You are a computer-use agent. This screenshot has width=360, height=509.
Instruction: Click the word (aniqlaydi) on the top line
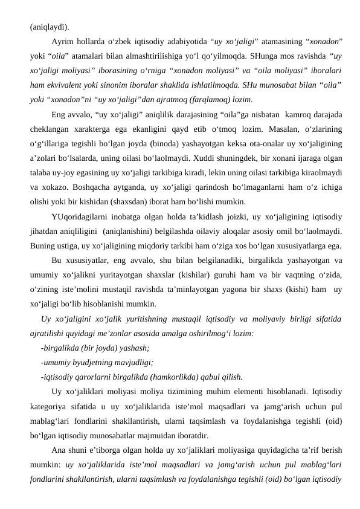pyautogui.click(x=49, y=27)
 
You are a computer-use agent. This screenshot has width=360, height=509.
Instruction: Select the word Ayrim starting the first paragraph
pyautogui.click(x=63, y=42)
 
